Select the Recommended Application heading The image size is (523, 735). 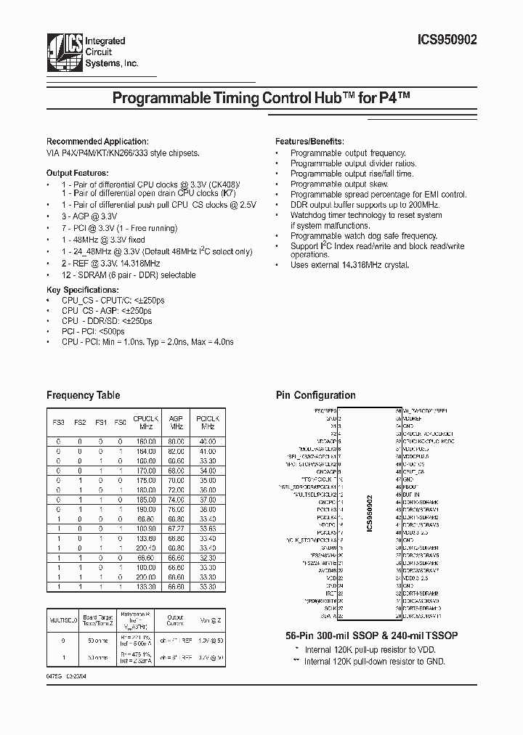point(97,142)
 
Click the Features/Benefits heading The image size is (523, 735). point(309,142)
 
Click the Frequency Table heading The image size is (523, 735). point(83,396)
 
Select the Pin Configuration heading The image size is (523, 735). point(315,396)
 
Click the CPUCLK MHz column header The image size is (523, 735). point(146,423)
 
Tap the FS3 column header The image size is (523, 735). point(59,423)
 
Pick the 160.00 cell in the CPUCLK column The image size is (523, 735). point(146,441)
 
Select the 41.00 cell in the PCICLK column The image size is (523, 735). point(206,450)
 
